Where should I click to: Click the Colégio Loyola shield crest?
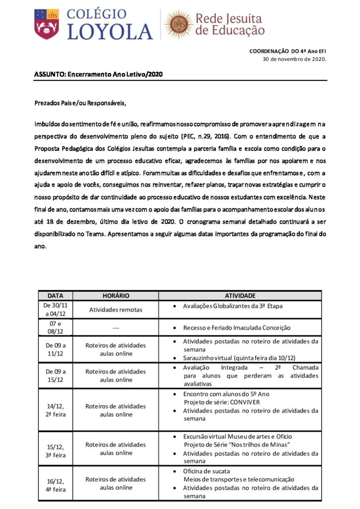click(x=47, y=23)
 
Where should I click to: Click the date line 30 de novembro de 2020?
click(x=294, y=59)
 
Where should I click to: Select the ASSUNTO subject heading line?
click(x=98, y=74)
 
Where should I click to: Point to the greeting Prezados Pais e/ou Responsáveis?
click(x=80, y=103)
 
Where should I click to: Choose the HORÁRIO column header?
click(x=115, y=295)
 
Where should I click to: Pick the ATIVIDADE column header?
click(x=240, y=295)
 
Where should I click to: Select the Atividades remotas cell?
click(x=115, y=310)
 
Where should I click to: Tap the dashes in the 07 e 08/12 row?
click(x=115, y=328)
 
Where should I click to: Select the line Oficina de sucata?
click(x=207, y=471)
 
